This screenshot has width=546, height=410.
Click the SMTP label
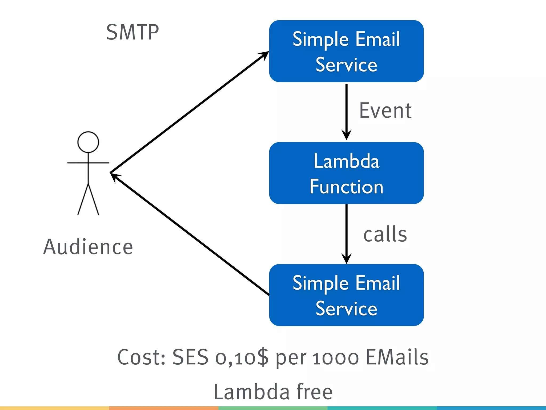pos(133,32)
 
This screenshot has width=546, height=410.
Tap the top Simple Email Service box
pos(346,51)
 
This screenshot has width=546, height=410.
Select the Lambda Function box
pos(346,173)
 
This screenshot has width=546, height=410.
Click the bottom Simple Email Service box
pos(346,295)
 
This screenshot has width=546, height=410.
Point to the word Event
pos(385,111)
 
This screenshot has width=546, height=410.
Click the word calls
pos(385,234)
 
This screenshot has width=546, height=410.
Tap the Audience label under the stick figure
pos(88,247)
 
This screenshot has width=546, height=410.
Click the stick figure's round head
pos(88,142)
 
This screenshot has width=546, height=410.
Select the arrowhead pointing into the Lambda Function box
pos(346,135)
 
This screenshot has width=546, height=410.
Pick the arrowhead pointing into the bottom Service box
pos(346,259)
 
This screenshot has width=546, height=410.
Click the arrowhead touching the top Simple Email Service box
pos(264,55)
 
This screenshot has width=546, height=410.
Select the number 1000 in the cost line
pos(336,358)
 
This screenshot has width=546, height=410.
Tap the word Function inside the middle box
pos(346,187)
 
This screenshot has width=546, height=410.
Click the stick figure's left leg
pos(82,200)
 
